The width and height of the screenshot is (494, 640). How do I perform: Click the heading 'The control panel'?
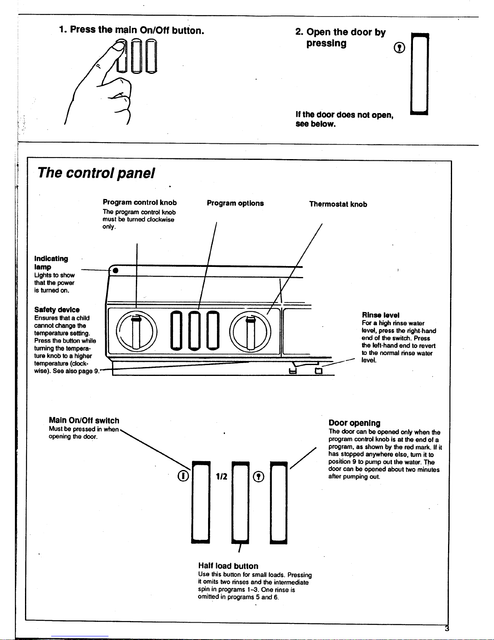pyautogui.click(x=96, y=173)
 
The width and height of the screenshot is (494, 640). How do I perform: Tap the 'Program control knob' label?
pyautogui.click(x=140, y=202)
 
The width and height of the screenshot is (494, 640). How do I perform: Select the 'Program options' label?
pyautogui.click(x=235, y=203)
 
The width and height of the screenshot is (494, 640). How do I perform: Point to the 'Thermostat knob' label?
pyautogui.click(x=338, y=204)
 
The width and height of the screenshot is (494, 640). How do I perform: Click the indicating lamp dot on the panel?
pyautogui.click(x=115, y=270)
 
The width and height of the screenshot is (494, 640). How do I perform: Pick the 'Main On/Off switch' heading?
pyautogui.click(x=84, y=420)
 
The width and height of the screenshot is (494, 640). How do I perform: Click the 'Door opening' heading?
pyautogui.click(x=354, y=423)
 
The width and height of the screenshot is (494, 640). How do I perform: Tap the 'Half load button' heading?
pyautogui.click(x=228, y=566)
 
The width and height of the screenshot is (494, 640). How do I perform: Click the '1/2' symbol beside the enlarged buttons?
pyautogui.click(x=221, y=476)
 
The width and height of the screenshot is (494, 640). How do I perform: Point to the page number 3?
pyautogui.click(x=446, y=628)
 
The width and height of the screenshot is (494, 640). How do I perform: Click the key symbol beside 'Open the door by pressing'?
pyautogui.click(x=399, y=48)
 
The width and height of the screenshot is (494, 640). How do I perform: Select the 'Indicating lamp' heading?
pyautogui.click(x=51, y=262)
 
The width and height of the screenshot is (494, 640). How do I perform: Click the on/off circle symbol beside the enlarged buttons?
pyautogui.click(x=183, y=476)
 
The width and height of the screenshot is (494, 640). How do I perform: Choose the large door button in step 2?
pyautogui.click(x=419, y=74)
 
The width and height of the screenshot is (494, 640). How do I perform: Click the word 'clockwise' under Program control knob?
pyautogui.click(x=160, y=220)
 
